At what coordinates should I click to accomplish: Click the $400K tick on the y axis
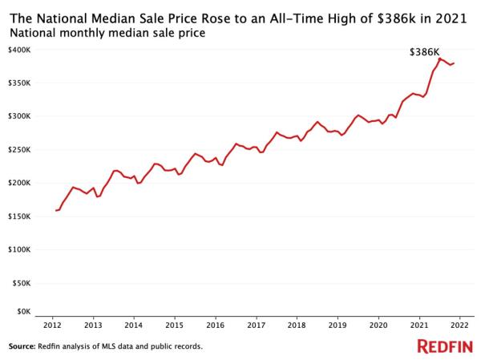(x=19, y=50)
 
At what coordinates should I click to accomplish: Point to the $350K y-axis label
(x=19, y=83)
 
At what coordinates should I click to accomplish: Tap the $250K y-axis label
(x=19, y=150)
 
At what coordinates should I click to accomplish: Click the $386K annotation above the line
(x=423, y=52)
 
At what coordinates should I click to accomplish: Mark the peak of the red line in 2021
(x=439, y=59)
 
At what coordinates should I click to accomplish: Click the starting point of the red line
(x=55, y=210)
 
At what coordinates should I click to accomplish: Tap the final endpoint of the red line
(x=455, y=63)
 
